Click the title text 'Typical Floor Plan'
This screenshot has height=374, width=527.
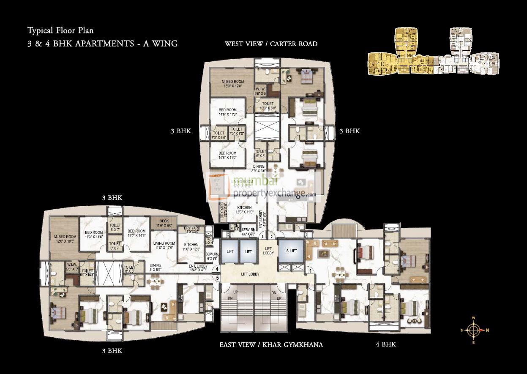60,30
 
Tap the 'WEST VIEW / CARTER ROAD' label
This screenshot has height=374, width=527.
271,44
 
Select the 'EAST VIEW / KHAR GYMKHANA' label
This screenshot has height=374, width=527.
271,345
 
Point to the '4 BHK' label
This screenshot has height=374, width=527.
386,344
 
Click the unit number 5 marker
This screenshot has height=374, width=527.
217,278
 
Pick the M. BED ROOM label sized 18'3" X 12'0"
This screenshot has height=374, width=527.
232,84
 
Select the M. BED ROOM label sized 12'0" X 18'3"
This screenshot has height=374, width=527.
65,239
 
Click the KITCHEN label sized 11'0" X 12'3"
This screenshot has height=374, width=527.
191,247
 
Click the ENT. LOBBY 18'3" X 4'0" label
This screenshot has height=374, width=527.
198,268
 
